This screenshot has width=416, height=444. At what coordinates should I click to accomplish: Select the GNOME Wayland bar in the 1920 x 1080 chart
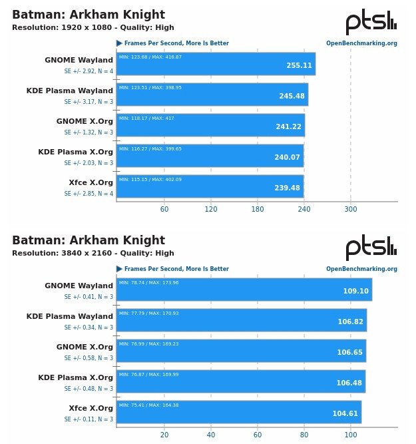coord(216,64)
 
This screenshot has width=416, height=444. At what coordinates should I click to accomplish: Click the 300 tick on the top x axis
coord(351,209)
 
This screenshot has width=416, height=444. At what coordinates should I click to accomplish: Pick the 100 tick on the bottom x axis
coord(351,435)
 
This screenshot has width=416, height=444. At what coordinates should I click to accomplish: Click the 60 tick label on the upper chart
coord(164,209)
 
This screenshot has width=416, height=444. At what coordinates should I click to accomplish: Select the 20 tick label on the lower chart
coord(164,435)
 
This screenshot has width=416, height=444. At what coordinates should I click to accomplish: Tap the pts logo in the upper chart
coord(371,23)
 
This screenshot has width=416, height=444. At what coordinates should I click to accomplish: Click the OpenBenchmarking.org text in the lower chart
coord(361,269)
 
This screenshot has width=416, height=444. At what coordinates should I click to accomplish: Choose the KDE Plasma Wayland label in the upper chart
coord(70,91)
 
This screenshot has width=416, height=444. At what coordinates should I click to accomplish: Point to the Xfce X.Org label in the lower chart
coord(91,408)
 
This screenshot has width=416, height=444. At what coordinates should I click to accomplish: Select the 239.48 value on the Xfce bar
coord(287,188)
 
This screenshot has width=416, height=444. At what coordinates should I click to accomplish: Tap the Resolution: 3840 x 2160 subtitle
coord(93,253)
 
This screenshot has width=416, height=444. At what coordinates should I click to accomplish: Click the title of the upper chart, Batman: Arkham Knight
coord(89,15)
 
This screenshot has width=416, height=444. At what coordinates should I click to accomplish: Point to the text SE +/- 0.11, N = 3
coord(89,419)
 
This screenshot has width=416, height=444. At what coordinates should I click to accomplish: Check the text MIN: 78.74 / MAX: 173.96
coord(149,282)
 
